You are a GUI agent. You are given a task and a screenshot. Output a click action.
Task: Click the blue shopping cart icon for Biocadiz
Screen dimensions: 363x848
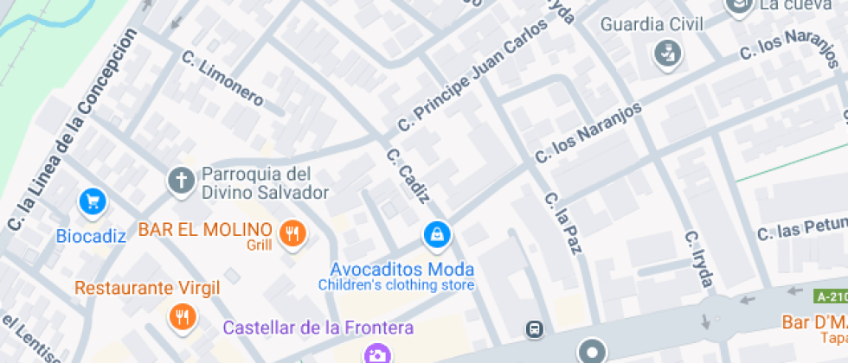(x=93, y=203)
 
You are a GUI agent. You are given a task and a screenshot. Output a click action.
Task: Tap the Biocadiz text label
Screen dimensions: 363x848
(x=91, y=236)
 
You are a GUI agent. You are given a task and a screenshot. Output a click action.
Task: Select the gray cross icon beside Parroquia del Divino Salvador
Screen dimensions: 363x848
(x=181, y=181)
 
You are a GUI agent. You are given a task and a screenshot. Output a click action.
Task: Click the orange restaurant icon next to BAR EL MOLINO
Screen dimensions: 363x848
(x=293, y=232)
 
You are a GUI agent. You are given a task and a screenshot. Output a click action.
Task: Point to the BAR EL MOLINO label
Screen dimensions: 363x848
(x=206, y=230)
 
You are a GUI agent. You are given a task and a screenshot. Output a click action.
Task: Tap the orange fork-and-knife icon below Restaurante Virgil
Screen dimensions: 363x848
(x=182, y=317)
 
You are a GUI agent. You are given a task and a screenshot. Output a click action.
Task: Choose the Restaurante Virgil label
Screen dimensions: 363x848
(x=147, y=288)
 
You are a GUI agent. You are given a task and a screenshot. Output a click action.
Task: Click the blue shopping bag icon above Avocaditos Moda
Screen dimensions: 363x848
(x=437, y=234)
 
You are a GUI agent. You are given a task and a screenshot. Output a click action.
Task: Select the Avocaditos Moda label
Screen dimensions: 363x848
(x=402, y=269)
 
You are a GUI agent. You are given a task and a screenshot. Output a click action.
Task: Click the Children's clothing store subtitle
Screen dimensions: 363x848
(x=396, y=284)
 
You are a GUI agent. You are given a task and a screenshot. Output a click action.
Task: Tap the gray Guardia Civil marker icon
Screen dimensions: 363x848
(x=667, y=54)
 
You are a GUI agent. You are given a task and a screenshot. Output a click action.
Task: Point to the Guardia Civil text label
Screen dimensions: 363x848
(x=652, y=23)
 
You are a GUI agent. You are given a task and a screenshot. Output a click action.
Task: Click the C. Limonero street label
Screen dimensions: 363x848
(x=222, y=79)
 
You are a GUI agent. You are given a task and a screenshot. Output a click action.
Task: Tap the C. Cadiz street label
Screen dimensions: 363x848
(x=408, y=176)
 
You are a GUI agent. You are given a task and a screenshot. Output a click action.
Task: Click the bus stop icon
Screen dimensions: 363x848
(x=536, y=329)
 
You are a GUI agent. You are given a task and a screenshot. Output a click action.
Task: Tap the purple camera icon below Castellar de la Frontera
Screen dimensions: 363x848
(x=376, y=354)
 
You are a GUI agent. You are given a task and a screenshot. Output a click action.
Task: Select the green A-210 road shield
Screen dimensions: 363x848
(x=831, y=296)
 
